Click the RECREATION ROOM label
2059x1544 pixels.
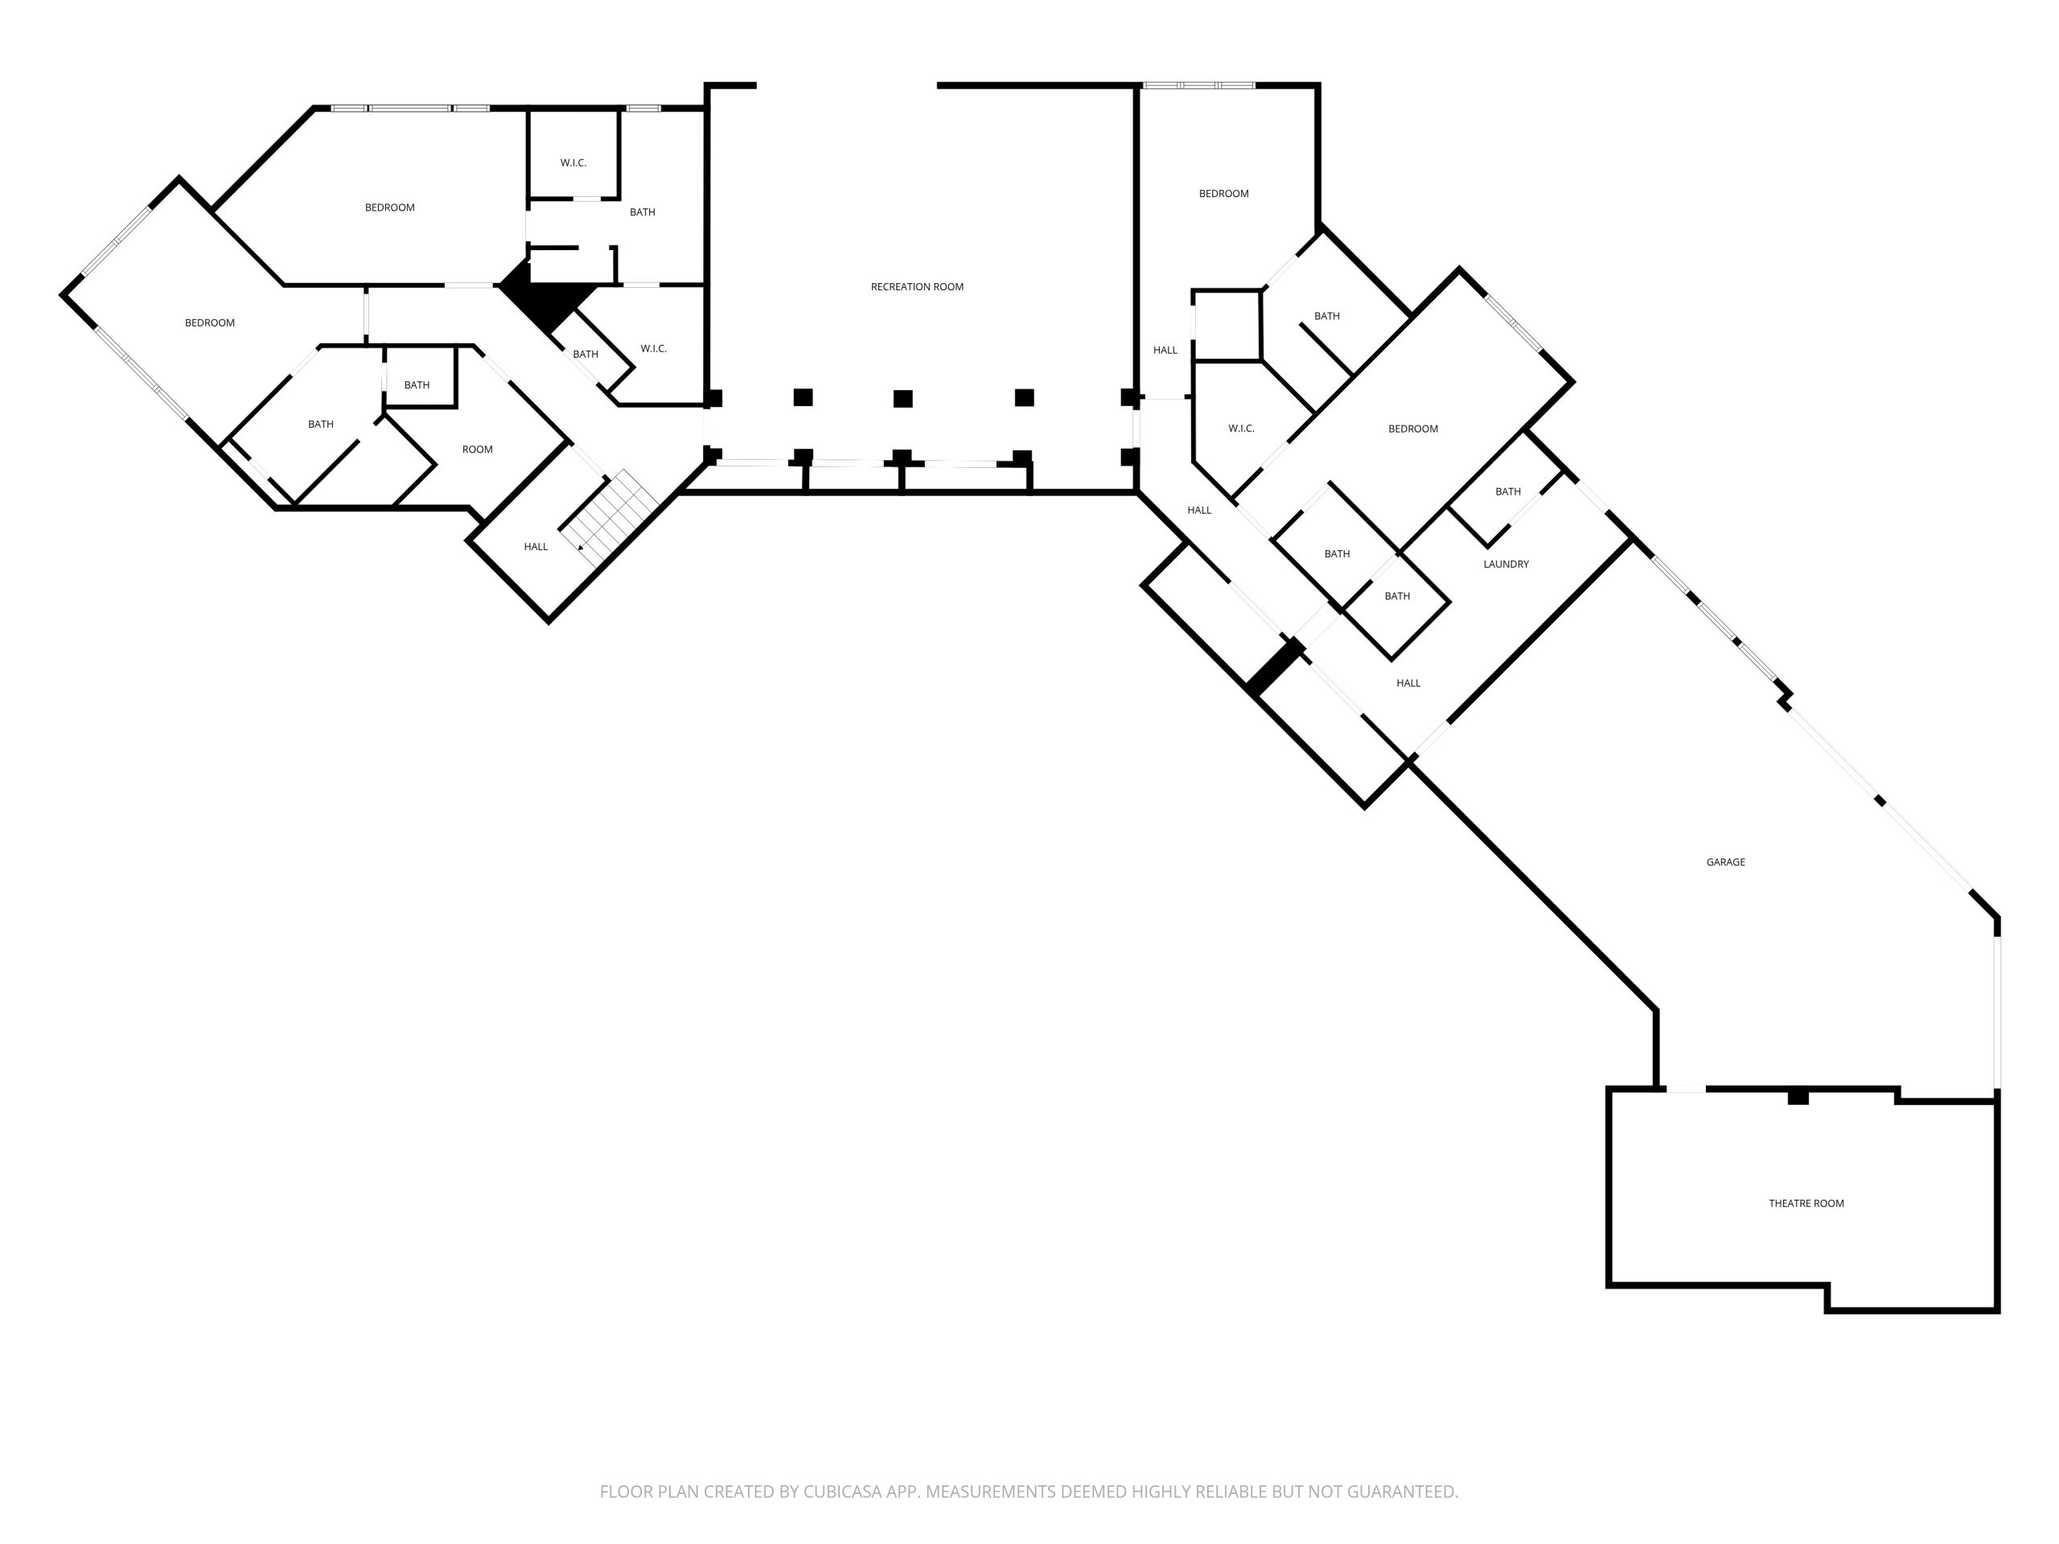pos(917,286)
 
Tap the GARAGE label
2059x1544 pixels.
pos(1726,862)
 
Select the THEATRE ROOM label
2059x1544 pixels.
pos(1806,1203)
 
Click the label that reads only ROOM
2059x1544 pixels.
pos(478,450)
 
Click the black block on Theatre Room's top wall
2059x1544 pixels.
pos(1798,1097)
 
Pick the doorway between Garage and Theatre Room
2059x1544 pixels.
pos(1686,1089)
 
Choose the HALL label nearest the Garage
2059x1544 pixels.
pos(1408,683)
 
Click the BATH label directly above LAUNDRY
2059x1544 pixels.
pos(1508,491)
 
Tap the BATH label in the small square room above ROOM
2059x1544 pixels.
pos(417,385)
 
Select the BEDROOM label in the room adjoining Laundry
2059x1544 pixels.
pos(1413,429)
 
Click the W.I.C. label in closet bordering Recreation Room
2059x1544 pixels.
pos(653,349)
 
